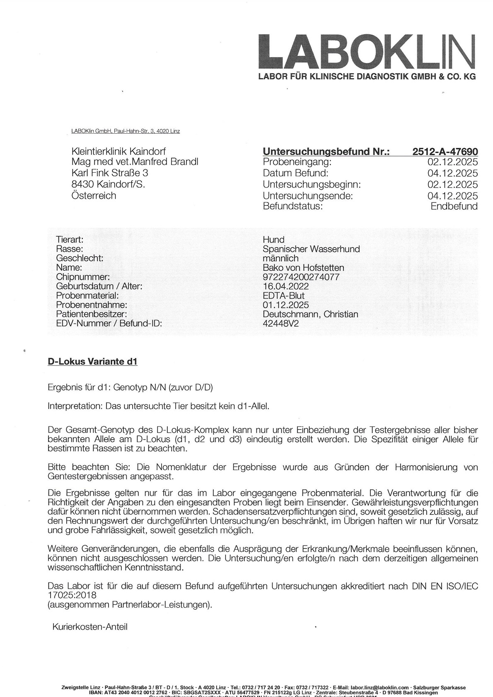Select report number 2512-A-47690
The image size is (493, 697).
coord(445,151)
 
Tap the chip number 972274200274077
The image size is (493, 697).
coord(301,277)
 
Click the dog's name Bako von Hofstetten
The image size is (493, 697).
coord(303,267)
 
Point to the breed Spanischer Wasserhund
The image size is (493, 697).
coord(311,249)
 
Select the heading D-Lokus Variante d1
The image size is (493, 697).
coord(93,361)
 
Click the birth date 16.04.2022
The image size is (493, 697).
coord(285,286)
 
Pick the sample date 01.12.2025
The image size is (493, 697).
coord(285,305)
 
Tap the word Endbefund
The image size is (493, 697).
coord(454,206)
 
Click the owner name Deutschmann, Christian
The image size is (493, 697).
coord(310,314)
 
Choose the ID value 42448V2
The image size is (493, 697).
coord(280,323)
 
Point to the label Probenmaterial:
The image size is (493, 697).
coord(87,296)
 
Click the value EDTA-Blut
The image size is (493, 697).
coord(283,296)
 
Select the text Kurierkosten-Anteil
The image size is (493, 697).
coord(90,627)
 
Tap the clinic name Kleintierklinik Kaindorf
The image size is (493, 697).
coord(118,151)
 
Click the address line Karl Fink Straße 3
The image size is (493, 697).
coord(110,173)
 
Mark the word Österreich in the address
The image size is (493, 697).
coord(94,195)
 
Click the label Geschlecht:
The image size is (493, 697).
coord(79,258)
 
